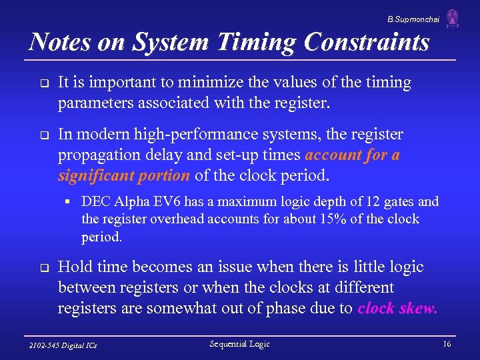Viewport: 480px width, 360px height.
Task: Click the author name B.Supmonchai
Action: (x=413, y=20)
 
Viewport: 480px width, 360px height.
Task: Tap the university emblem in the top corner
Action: (x=453, y=18)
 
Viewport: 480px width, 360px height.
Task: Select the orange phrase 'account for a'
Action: (x=353, y=155)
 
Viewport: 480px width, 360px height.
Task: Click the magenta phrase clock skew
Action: (x=397, y=308)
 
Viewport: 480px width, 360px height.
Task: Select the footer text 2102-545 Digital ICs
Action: (x=64, y=345)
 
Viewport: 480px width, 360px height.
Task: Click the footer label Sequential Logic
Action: (x=239, y=344)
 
